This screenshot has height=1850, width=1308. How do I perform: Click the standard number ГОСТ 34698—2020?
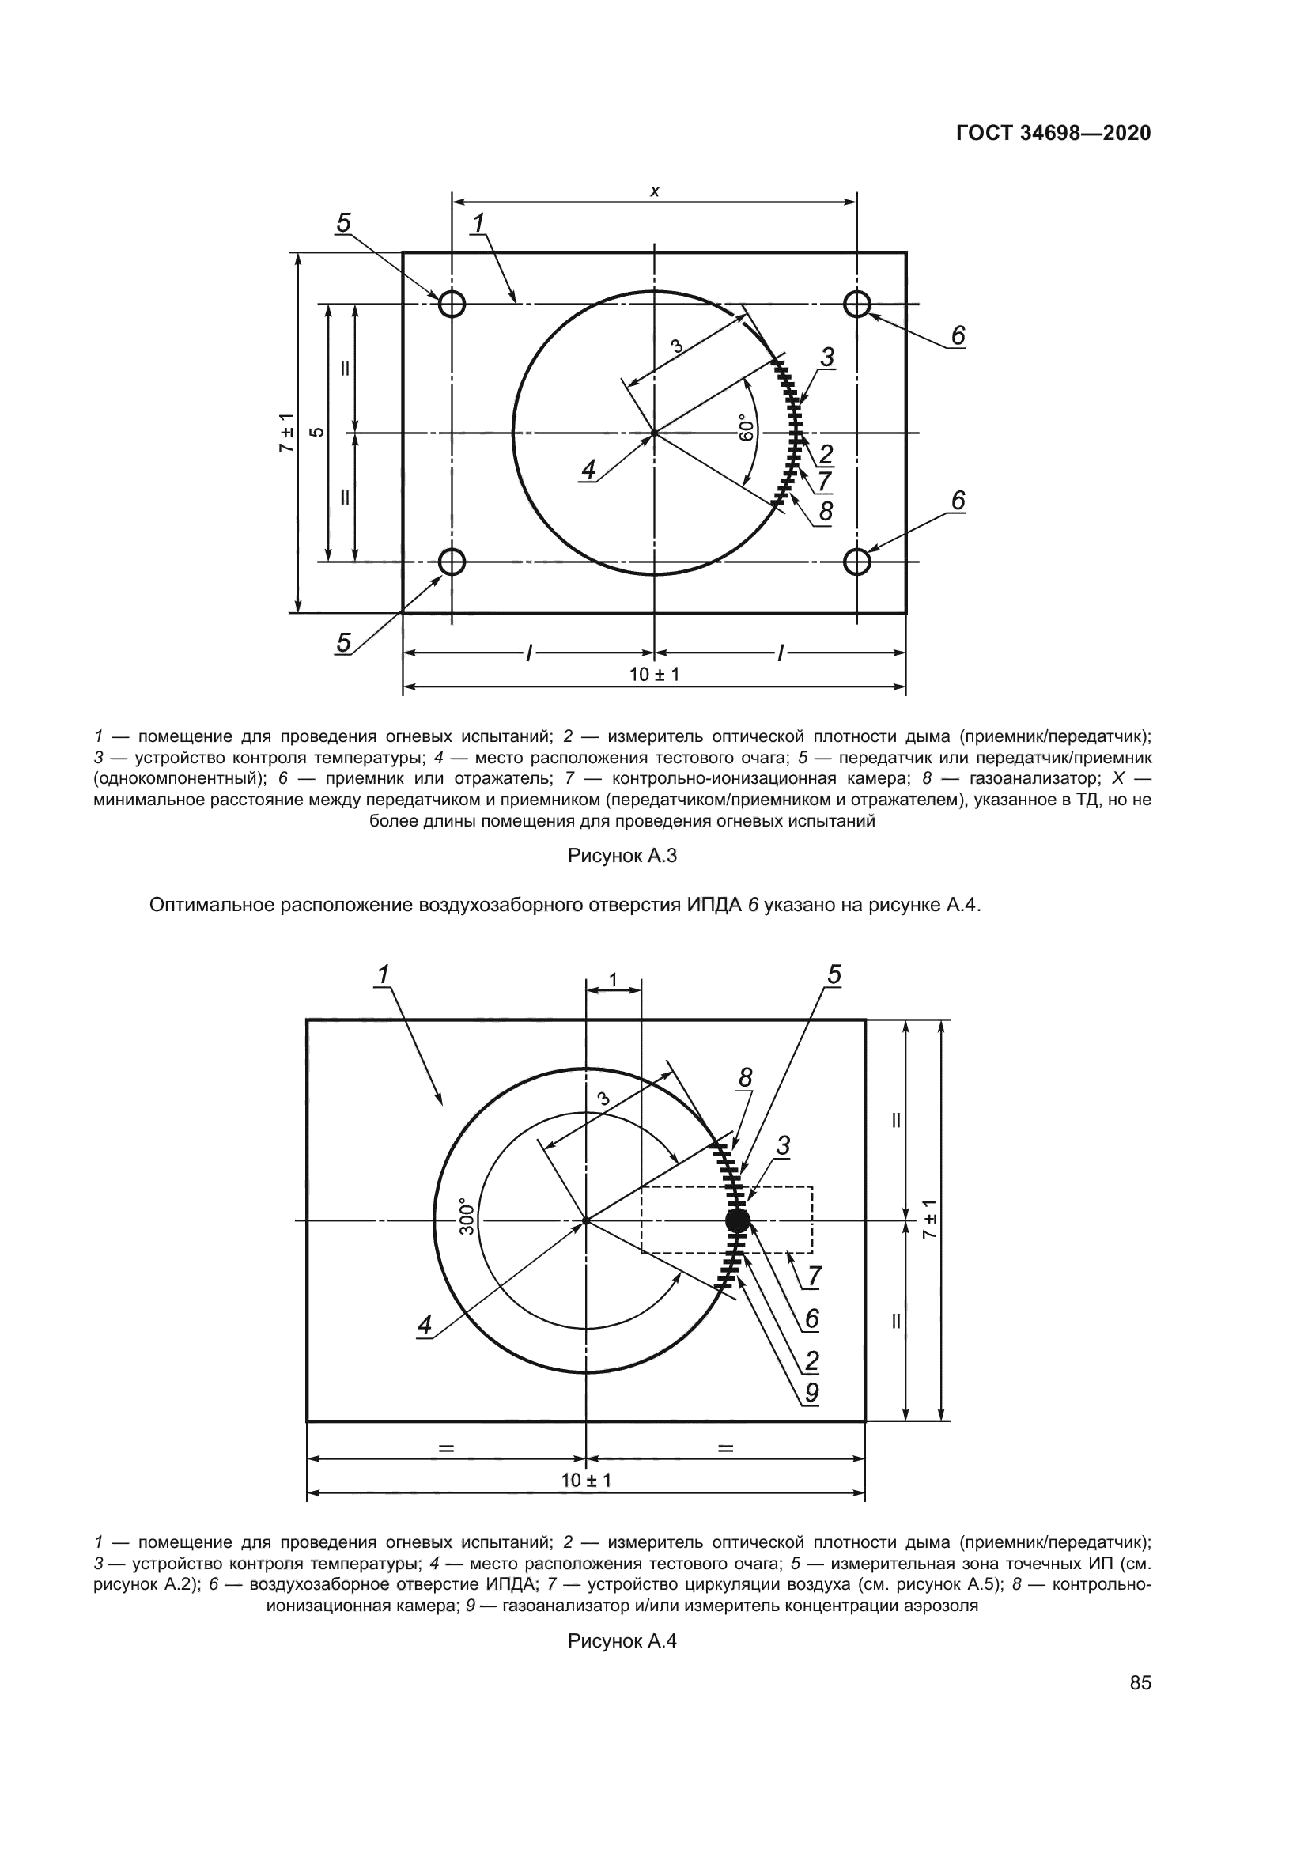click(1053, 133)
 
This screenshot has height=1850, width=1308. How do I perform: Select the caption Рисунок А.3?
click(622, 856)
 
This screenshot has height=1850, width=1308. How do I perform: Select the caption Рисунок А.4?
click(622, 1641)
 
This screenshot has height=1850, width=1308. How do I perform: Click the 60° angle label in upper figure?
click(746, 428)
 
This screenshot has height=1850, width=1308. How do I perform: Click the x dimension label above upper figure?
click(655, 191)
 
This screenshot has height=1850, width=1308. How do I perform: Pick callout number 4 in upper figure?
click(589, 470)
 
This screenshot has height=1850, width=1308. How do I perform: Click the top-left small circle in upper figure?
click(452, 304)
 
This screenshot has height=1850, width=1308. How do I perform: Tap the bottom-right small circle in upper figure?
click(857, 561)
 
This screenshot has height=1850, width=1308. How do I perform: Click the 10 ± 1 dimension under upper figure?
click(654, 675)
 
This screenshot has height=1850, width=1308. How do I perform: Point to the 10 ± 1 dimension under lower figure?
click(585, 1480)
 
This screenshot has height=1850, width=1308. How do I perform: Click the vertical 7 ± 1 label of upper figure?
click(287, 433)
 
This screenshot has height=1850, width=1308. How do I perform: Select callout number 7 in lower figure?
click(815, 1277)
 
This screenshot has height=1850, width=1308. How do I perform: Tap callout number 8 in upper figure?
click(826, 512)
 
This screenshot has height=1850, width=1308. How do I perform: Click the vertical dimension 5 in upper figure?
click(318, 433)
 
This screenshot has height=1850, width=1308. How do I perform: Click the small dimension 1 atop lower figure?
click(613, 980)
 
